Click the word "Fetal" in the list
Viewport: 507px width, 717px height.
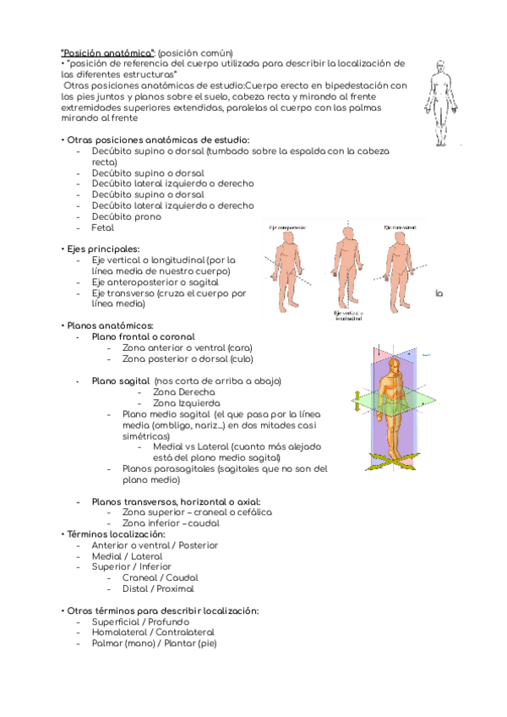click(101, 227)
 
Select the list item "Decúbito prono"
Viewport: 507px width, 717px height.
click(126, 216)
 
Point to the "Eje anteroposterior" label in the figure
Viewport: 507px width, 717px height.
click(287, 227)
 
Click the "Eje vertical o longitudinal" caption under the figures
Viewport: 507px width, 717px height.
click(349, 315)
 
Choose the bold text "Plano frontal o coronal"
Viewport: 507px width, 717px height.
click(143, 337)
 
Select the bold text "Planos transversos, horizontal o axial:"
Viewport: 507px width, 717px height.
click(176, 501)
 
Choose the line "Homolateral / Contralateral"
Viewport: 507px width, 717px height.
click(153, 632)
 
